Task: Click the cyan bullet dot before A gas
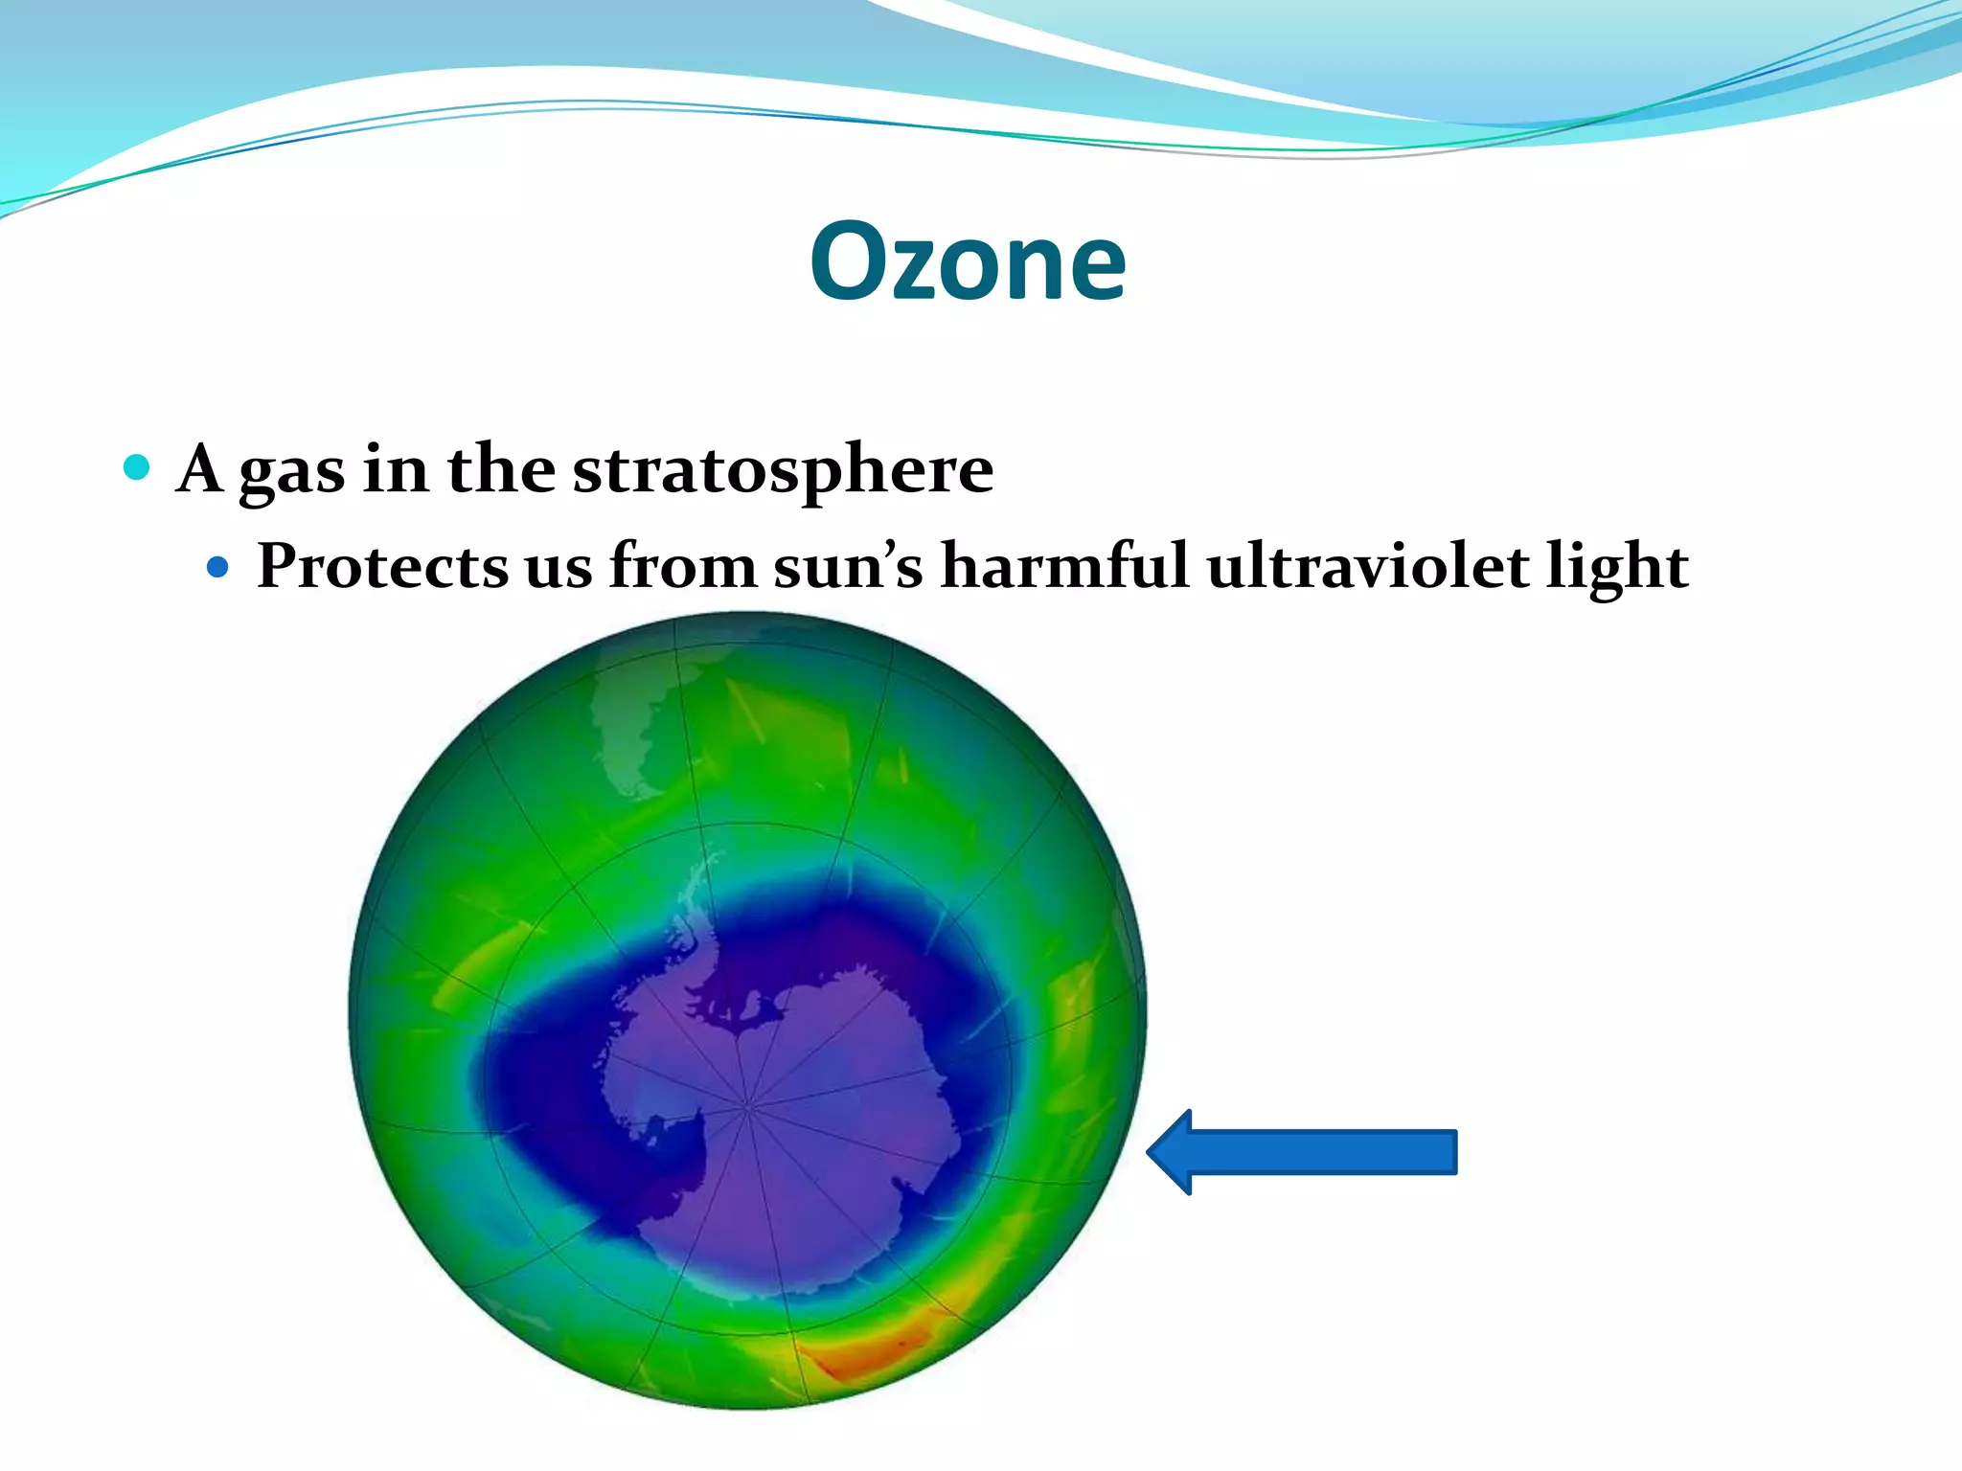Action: pos(137,467)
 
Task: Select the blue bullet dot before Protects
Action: pos(217,567)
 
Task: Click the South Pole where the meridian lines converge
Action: pos(747,1107)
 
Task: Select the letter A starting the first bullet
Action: pos(200,469)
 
